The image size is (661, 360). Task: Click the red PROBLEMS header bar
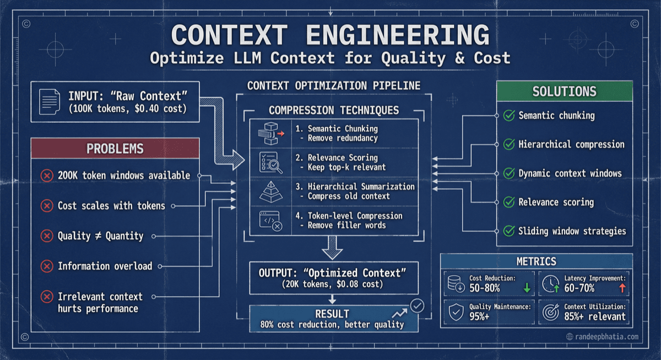coord(115,149)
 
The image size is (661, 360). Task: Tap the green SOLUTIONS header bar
coord(565,91)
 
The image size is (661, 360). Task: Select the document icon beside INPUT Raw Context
coord(50,102)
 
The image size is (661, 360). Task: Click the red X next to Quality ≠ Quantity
coord(47,236)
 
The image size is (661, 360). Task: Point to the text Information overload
coord(105,266)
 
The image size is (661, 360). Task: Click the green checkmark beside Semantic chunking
coord(508,116)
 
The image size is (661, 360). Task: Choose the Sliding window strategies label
coord(572,231)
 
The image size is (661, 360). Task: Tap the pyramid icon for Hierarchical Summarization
coord(270,190)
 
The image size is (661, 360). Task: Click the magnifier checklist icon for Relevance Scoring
coord(270,162)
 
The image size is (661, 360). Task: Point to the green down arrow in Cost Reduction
coord(527,287)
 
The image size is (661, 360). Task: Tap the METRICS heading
coord(536,261)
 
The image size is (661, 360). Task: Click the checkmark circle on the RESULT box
coord(417,306)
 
